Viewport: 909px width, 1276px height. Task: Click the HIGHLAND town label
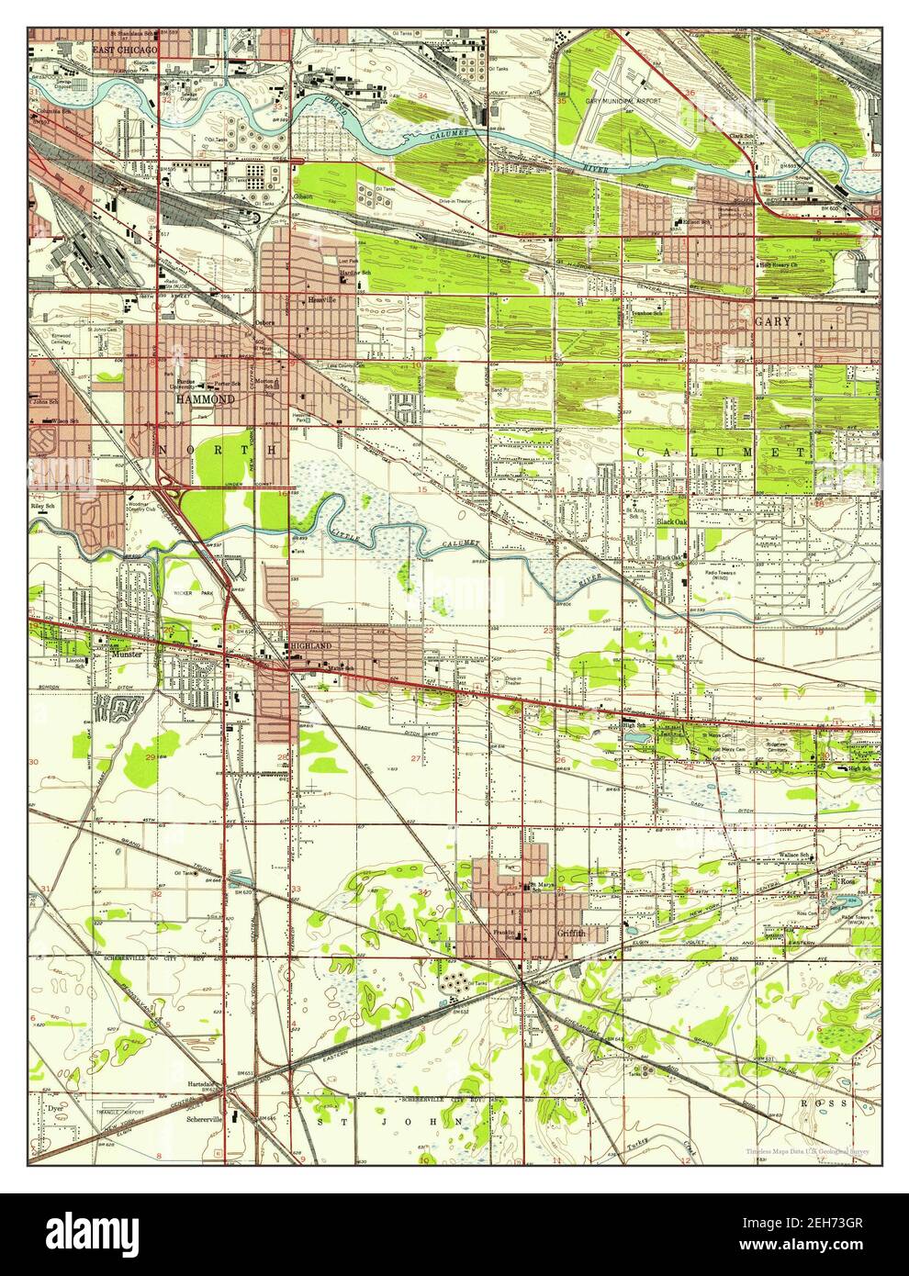click(x=309, y=646)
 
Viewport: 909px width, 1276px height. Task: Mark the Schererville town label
click(x=207, y=1121)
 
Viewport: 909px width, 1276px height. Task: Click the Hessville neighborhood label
click(x=322, y=300)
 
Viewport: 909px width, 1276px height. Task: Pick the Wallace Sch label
click(x=797, y=855)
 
